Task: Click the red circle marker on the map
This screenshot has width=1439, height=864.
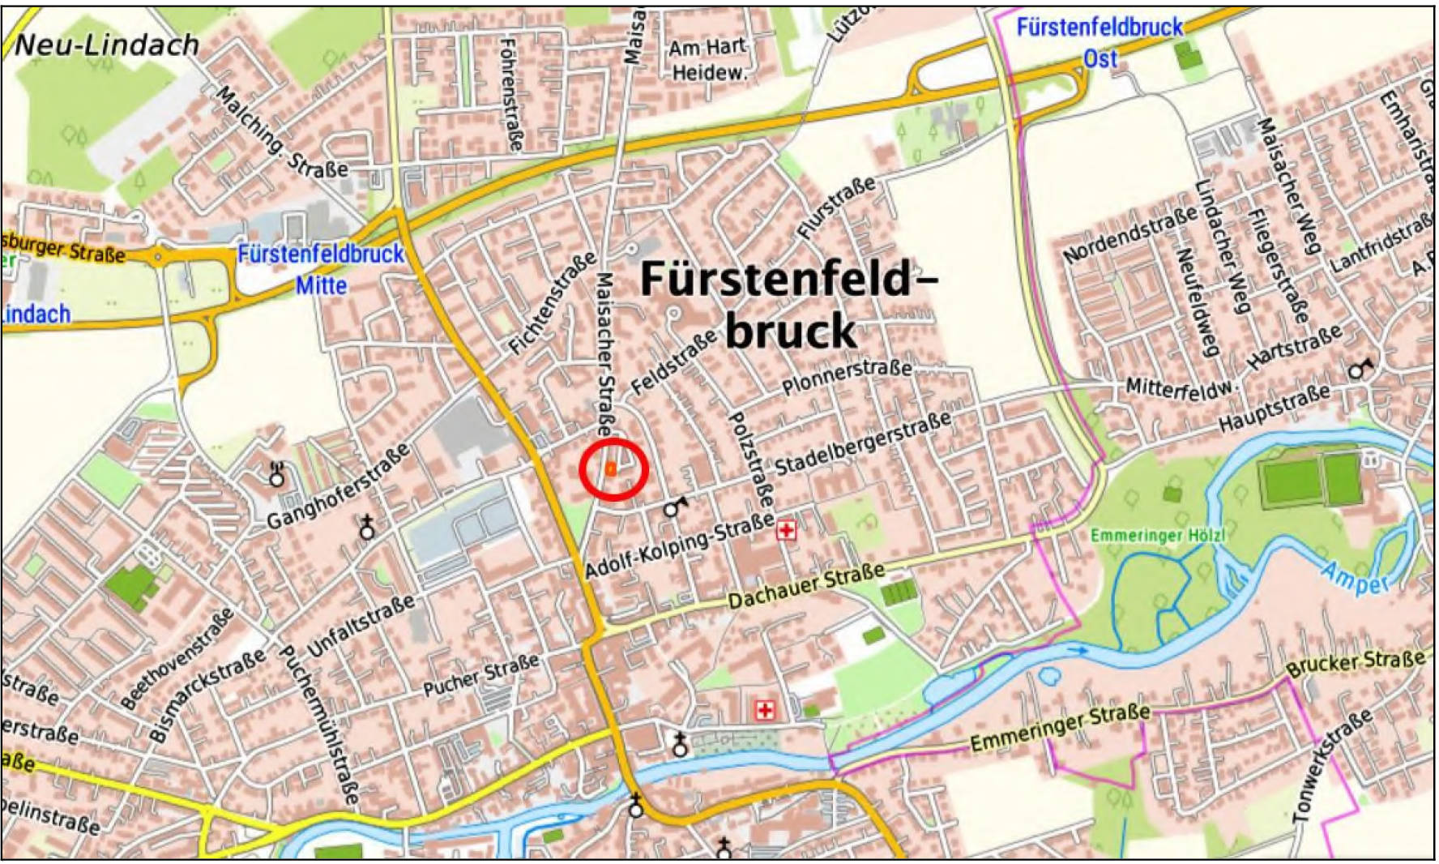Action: click(613, 469)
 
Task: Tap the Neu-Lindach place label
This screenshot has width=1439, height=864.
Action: click(106, 45)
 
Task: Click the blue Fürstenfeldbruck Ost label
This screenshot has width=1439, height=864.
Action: click(1100, 42)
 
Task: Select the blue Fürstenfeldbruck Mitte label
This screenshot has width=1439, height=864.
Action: click(321, 269)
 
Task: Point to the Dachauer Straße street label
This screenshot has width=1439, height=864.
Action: click(806, 587)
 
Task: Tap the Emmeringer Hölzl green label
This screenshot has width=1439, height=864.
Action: click(1157, 536)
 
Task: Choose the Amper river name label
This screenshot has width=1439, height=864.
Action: click(1355, 579)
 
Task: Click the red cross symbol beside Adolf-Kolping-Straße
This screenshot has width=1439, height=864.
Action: click(785, 531)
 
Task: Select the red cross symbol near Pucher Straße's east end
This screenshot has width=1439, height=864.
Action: click(764, 711)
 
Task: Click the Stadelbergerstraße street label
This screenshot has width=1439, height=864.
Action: click(863, 444)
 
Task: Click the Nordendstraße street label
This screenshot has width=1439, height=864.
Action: click(1129, 235)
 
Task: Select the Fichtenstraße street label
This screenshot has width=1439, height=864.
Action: click(553, 304)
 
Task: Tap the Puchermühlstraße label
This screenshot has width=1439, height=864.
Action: click(318, 724)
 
